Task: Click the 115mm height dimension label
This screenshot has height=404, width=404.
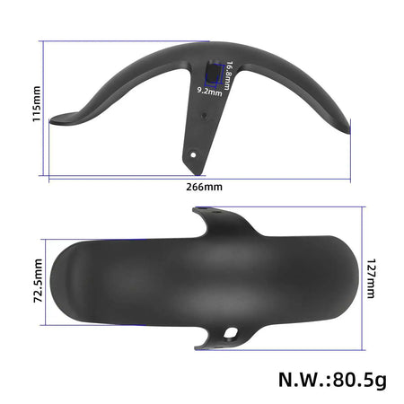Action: (36, 104)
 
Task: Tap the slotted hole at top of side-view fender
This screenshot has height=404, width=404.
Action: (213, 71)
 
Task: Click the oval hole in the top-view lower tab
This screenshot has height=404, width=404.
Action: (235, 335)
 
